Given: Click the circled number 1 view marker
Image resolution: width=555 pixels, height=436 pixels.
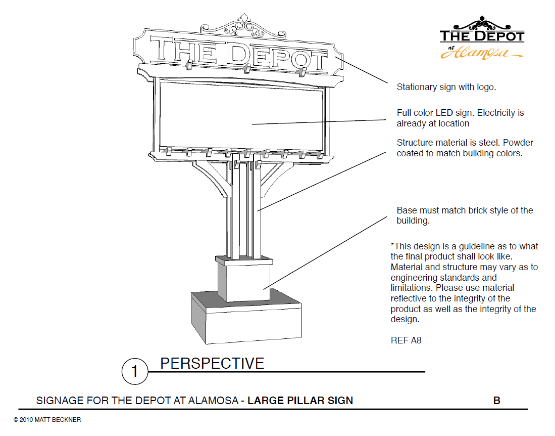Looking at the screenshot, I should pos(134,372).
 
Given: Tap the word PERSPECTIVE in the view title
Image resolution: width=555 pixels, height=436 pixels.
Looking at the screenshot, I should pos(212,363).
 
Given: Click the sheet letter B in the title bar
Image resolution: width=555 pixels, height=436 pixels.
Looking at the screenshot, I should pos(496,401).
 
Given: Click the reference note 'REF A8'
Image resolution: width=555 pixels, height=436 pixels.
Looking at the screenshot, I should pos(406,340).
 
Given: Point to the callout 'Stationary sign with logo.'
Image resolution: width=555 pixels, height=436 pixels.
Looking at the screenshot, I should pos(446,87).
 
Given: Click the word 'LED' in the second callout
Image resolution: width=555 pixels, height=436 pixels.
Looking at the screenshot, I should pos(442,113).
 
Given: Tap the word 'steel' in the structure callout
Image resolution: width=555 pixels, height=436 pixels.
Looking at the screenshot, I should pos(490,143).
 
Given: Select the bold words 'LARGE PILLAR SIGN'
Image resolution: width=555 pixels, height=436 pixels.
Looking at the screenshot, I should pos(300,401).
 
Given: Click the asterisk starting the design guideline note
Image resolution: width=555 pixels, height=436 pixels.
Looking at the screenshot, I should pos(392,246).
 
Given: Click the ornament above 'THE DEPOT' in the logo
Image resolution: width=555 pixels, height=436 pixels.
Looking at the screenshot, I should pos(482,23).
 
